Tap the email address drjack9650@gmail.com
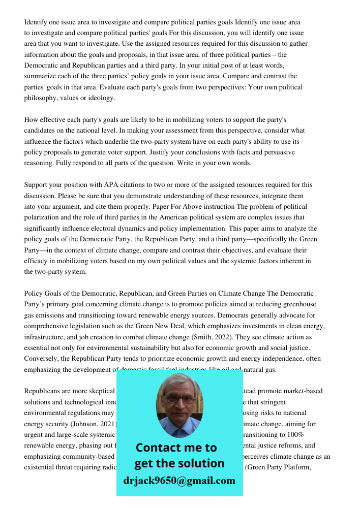coord(179,481)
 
